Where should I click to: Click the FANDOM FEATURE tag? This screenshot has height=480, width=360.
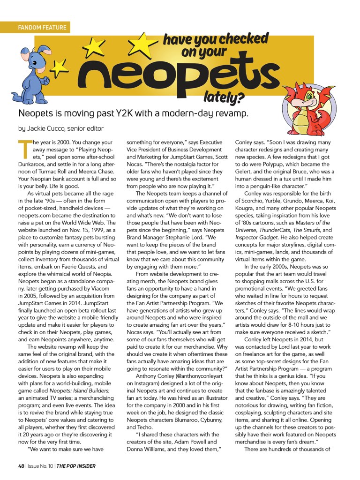pos(42,28)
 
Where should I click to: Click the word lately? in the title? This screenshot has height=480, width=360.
pos(224,98)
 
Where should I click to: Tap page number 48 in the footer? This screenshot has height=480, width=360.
pos(21,466)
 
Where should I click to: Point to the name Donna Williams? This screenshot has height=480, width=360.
pos(147,450)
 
